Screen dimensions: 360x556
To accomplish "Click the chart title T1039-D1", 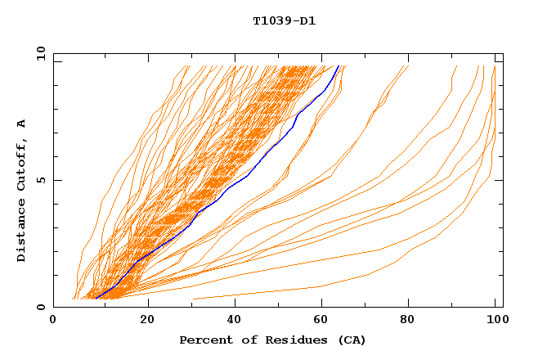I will pyautogui.click(x=284, y=21).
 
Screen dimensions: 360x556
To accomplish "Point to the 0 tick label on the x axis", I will pyautogui.click(x=53, y=320).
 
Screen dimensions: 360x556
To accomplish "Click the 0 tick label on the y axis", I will pyautogui.click(x=40, y=307).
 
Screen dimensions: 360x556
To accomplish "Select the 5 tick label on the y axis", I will pyautogui.click(x=40, y=180).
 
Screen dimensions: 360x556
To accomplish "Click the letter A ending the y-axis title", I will pyautogui.click(x=22, y=123).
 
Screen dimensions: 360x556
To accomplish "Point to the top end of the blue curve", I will pyautogui.click(x=339, y=65).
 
